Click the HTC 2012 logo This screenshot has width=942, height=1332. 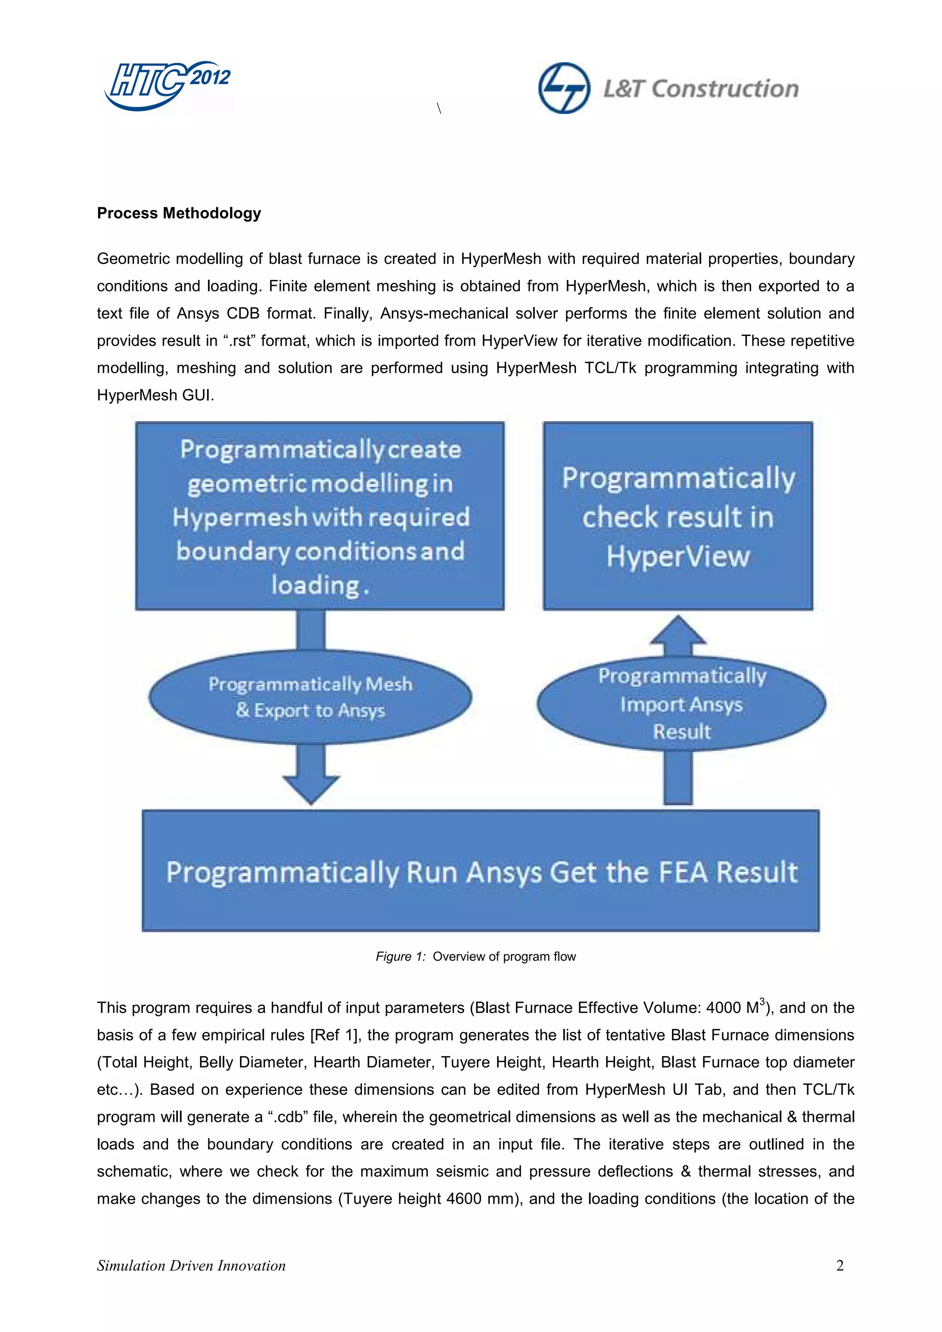[x=167, y=85]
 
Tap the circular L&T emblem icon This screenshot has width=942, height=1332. [x=563, y=88]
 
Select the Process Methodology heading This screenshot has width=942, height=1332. [x=179, y=213]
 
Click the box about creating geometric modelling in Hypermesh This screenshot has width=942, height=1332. [x=320, y=515]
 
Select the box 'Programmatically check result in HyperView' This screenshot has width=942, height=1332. [x=678, y=515]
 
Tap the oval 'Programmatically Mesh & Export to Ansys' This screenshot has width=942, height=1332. [x=310, y=697]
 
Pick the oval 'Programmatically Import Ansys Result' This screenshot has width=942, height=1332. [x=681, y=704]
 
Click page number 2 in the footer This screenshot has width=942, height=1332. [x=839, y=1265]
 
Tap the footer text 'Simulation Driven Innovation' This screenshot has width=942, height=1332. [x=191, y=1265]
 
